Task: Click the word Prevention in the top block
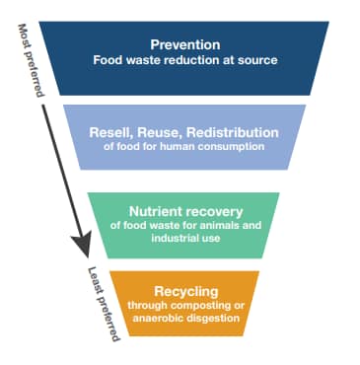[x=185, y=44]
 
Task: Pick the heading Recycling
[x=184, y=290]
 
